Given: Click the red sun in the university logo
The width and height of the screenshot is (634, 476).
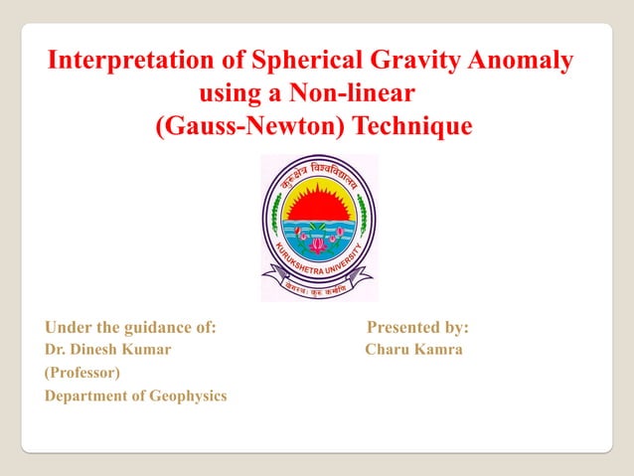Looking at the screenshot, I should click(x=318, y=203).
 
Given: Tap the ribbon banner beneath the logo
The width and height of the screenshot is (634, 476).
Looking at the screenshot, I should click(x=318, y=285).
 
